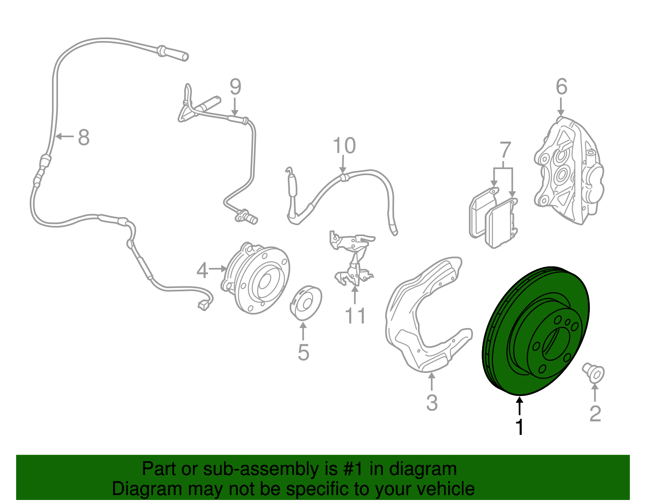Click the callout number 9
[235, 87]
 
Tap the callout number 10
[344, 146]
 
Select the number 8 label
[84, 138]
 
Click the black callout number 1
[520, 427]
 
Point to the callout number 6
[561, 87]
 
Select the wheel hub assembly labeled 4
[258, 278]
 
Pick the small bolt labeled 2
[593, 372]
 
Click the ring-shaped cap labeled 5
[305, 303]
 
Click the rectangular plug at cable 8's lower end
[203, 305]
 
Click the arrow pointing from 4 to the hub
[218, 268]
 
